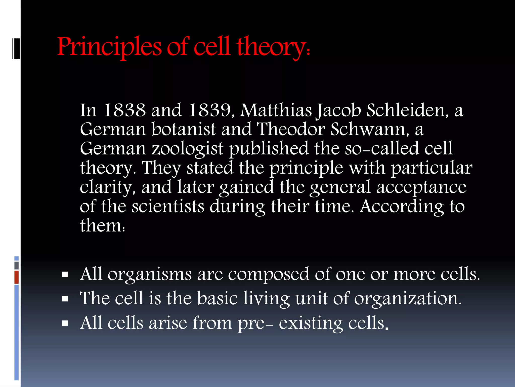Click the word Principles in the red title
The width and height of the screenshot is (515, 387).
(109, 47)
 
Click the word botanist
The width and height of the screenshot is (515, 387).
(184, 130)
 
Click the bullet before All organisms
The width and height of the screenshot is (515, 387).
(65, 274)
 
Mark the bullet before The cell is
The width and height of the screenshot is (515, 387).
(65, 299)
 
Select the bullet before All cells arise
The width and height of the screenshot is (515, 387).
(65, 323)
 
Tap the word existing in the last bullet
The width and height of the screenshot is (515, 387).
(311, 323)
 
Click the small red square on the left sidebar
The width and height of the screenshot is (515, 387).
(17, 277)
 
